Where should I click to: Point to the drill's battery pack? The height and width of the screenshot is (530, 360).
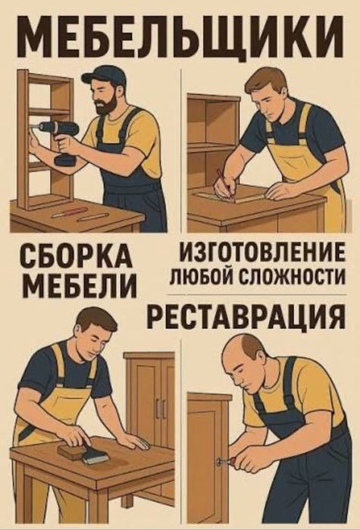coord(65,160)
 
